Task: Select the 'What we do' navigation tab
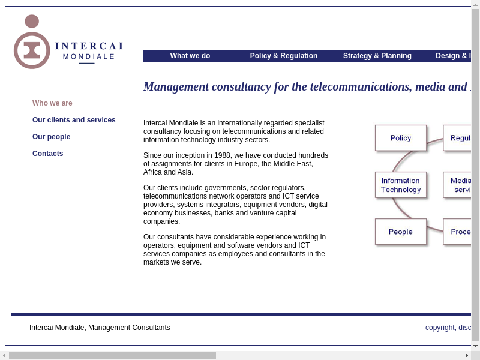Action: [190, 56]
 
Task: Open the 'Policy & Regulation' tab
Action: [283, 56]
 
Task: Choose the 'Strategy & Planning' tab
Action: [377, 56]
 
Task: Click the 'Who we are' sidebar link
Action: [52, 103]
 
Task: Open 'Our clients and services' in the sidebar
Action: [74, 120]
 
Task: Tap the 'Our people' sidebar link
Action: [51, 137]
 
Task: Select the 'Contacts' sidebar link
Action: [47, 154]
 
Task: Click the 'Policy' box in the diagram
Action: [400, 138]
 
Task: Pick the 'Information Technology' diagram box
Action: [400, 185]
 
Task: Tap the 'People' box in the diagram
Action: [400, 232]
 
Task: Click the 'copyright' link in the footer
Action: [440, 328]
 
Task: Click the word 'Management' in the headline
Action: [176, 86]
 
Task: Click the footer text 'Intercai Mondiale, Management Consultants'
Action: [100, 328]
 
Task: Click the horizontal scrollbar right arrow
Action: [467, 355]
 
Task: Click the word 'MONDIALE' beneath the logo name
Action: [89, 57]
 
